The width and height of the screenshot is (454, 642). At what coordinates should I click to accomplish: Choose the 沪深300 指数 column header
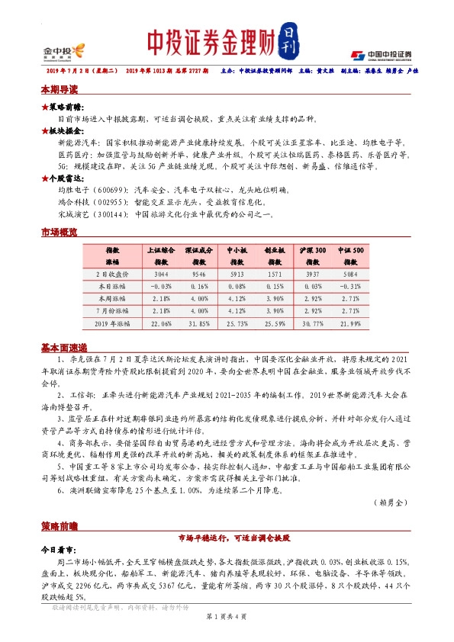(x=312, y=255)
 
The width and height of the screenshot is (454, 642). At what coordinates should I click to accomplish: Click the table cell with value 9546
(x=198, y=273)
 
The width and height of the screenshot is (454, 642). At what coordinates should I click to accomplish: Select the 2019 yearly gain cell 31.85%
(x=198, y=324)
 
